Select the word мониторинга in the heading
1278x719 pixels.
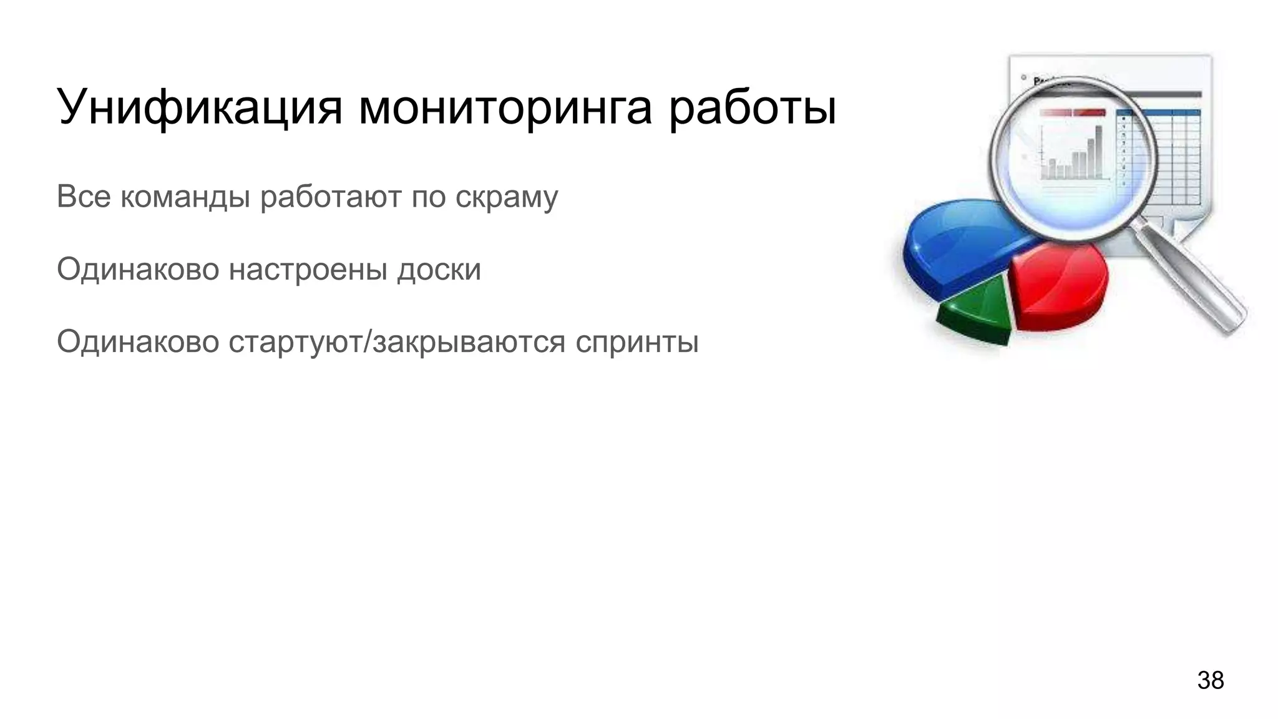[x=505, y=107]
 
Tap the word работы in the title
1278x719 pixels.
[x=752, y=107]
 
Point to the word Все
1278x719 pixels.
[x=84, y=197]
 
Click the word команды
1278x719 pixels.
[x=185, y=197]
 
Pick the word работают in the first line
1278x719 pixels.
[x=331, y=197]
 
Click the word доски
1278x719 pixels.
[x=439, y=270]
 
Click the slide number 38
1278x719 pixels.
[x=1210, y=680]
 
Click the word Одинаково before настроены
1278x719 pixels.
[x=138, y=270]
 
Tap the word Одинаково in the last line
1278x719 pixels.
[x=138, y=342]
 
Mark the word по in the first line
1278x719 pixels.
[x=428, y=197]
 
